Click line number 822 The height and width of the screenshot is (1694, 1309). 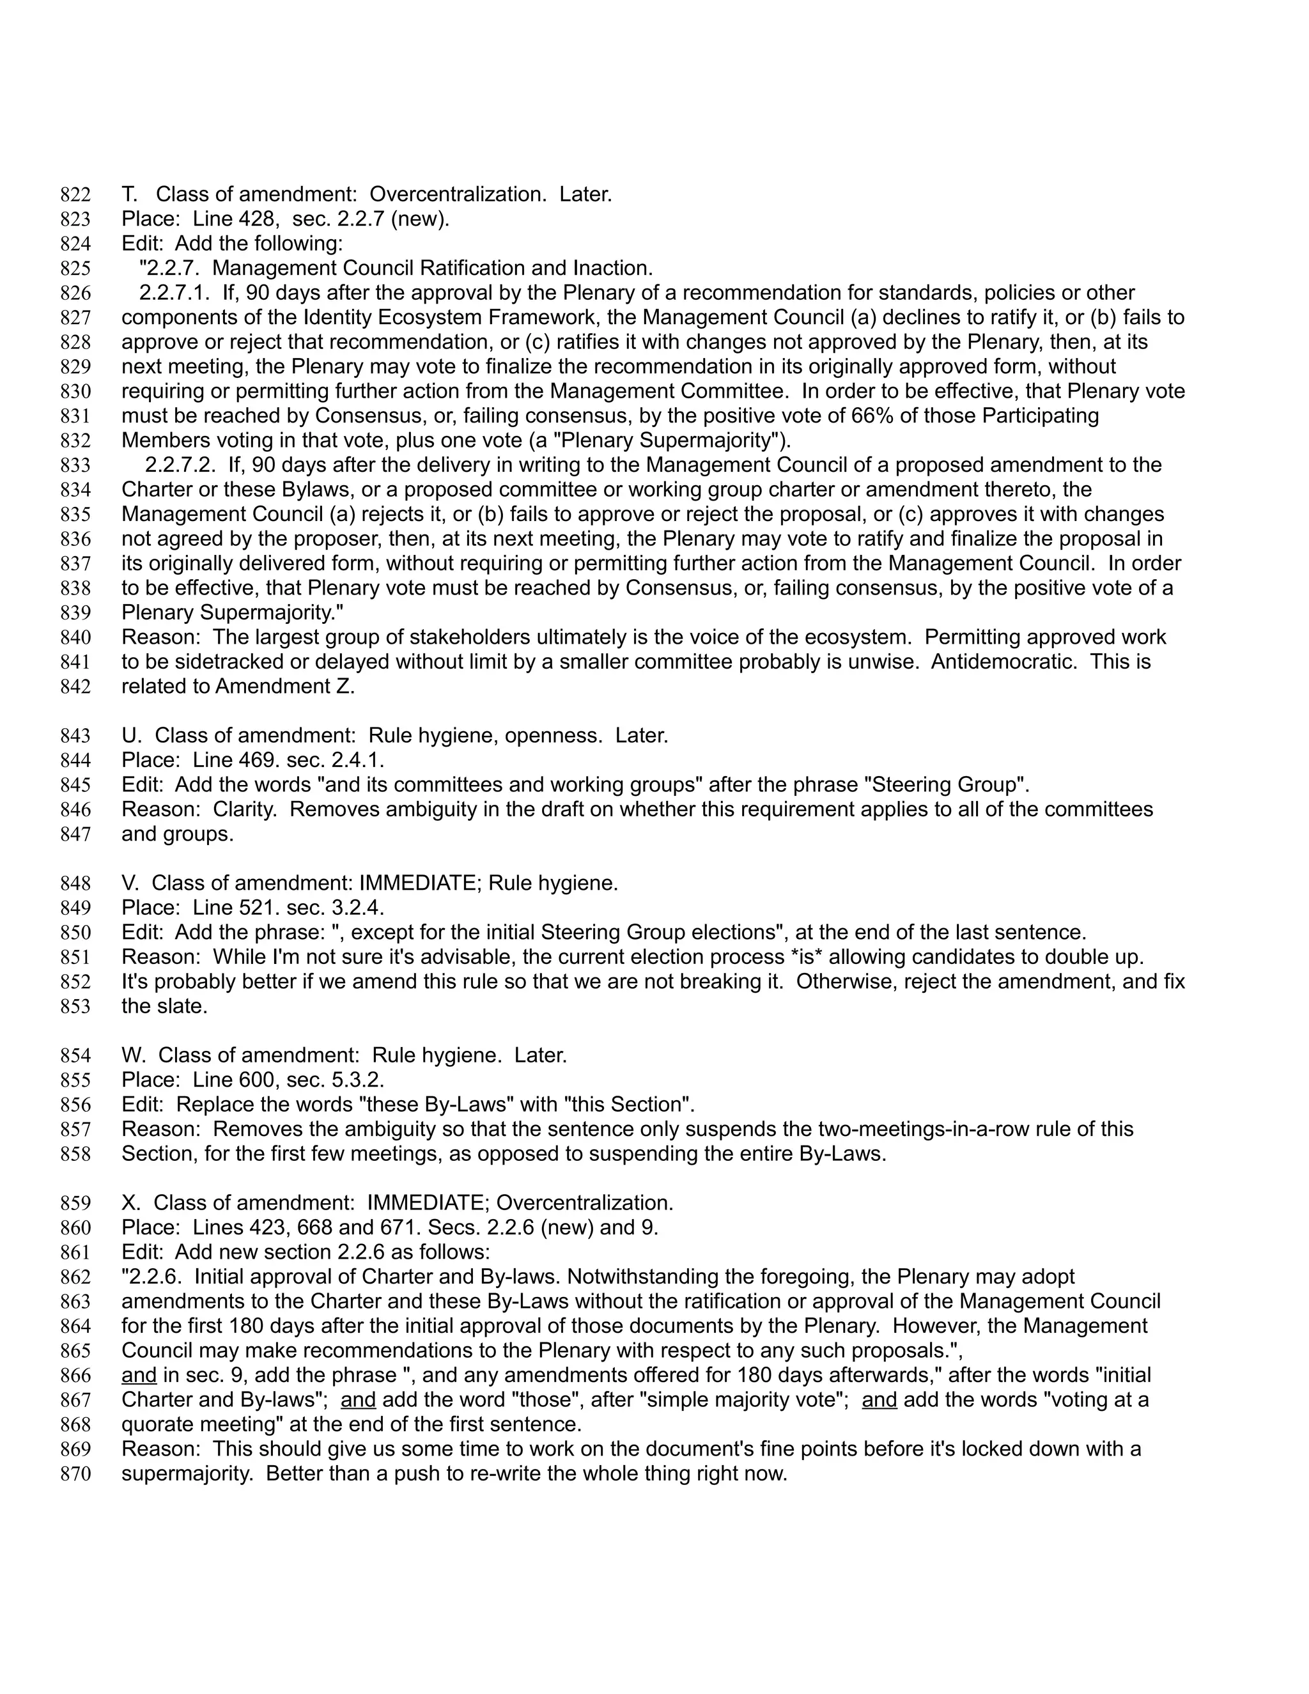pyautogui.click(x=75, y=195)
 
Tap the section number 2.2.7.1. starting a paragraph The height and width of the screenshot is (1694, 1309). pyautogui.click(x=174, y=292)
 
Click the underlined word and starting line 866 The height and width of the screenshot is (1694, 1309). pyautogui.click(x=139, y=1375)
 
